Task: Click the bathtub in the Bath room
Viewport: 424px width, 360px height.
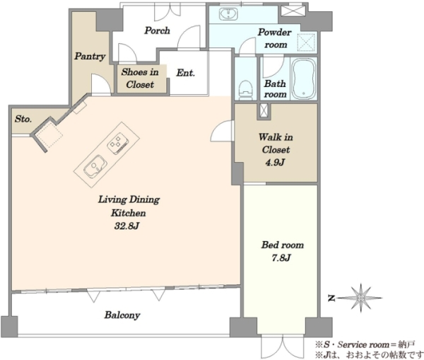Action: [x=304, y=79]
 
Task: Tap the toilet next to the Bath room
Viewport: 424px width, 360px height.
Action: [x=245, y=90]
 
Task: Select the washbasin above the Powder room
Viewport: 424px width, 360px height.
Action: [x=228, y=13]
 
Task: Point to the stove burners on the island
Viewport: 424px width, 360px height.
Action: [x=117, y=144]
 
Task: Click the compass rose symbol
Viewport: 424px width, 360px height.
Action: [x=360, y=298]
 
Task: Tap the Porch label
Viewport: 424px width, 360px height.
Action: [x=157, y=30]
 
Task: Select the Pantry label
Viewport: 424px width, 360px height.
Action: [x=90, y=57]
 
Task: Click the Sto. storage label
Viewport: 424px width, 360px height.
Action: [x=23, y=119]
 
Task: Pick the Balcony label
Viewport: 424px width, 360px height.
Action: [x=122, y=315]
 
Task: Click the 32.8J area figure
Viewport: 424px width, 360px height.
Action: [x=126, y=226]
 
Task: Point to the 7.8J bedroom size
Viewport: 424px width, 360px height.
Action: [x=281, y=258]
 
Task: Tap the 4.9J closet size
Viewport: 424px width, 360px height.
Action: [x=275, y=163]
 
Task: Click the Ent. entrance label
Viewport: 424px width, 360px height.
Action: [x=185, y=73]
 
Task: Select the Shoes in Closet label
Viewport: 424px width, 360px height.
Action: [x=140, y=79]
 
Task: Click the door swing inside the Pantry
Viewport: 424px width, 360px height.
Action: [x=101, y=84]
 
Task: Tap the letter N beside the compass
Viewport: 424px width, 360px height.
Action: [x=331, y=298]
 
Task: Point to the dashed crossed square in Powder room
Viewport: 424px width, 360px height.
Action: [x=307, y=42]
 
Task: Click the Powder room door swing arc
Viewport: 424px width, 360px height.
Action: [x=247, y=45]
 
